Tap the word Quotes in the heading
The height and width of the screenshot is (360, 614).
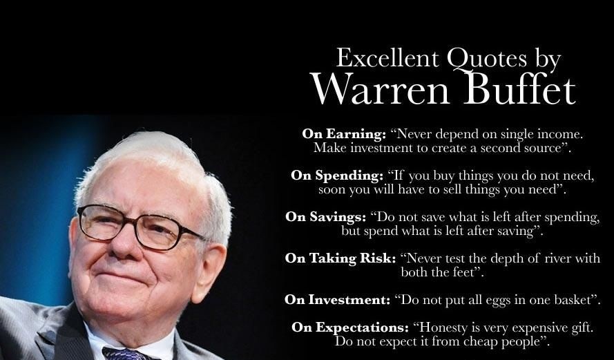click(487, 59)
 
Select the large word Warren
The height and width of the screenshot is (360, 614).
click(380, 89)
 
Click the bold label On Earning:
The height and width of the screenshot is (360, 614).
click(344, 135)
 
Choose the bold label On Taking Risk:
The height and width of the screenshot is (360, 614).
click(340, 258)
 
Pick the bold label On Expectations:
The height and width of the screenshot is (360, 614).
click(349, 328)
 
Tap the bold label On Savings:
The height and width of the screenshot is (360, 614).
click(325, 217)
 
